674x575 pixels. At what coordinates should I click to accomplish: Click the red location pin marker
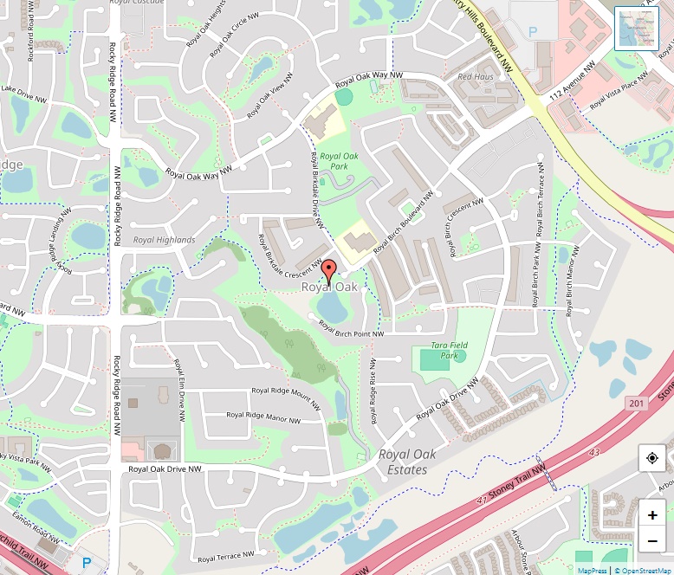pyautogui.click(x=328, y=269)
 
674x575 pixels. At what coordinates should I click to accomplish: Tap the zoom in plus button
pyautogui.click(x=652, y=515)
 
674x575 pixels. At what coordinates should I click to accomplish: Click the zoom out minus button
pyautogui.click(x=652, y=542)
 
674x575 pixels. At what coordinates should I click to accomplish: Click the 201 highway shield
pyautogui.click(x=638, y=404)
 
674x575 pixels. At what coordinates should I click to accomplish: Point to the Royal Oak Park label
pyautogui.click(x=334, y=161)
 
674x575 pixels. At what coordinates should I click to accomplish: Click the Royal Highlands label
pyautogui.click(x=165, y=240)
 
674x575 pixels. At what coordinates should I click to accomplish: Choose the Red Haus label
pyautogui.click(x=475, y=77)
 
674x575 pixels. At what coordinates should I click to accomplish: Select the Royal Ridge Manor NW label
pyautogui.click(x=263, y=417)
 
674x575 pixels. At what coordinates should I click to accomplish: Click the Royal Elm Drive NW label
pyautogui.click(x=180, y=390)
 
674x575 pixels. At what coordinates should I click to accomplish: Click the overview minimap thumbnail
pyautogui.click(x=637, y=29)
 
